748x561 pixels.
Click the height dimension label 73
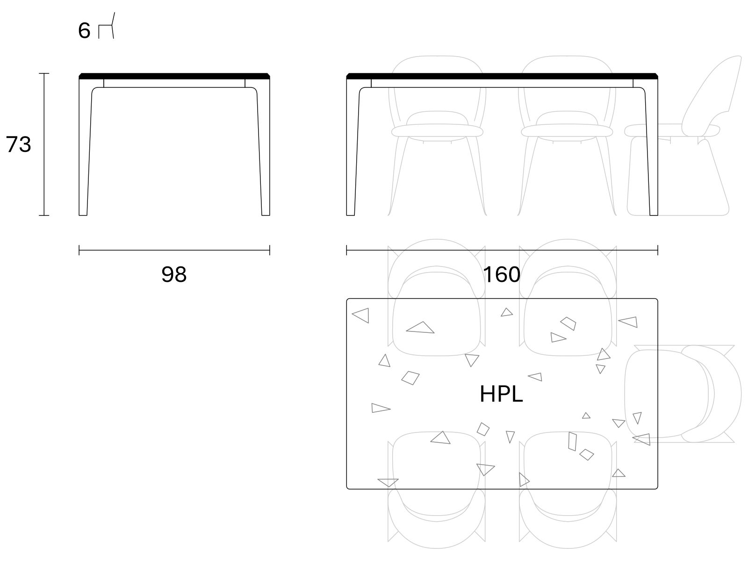tap(18, 144)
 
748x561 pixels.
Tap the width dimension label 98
tap(174, 274)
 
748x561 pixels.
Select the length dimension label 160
tap(502, 274)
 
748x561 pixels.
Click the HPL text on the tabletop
tap(501, 394)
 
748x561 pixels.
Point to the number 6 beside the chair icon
tap(84, 31)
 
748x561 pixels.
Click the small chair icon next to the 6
tap(106, 26)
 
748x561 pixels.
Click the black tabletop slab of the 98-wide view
tap(174, 76)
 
